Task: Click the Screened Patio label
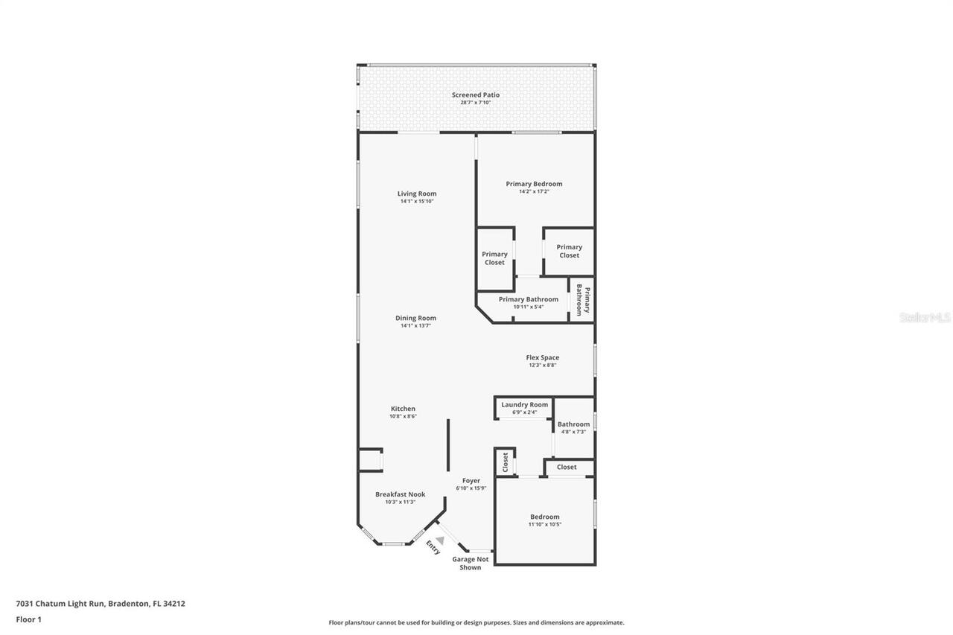[x=476, y=95]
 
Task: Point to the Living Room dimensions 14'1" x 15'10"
[x=417, y=202]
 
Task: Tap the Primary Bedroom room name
[x=534, y=184]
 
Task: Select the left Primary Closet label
[x=494, y=258]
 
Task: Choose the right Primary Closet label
[x=569, y=251]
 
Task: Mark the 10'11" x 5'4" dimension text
[x=528, y=307]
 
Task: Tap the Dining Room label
[x=415, y=318]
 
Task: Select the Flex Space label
[x=542, y=357]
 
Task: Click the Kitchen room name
[x=403, y=409]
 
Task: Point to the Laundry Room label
[x=524, y=405]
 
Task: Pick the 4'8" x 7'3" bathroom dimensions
[x=573, y=432]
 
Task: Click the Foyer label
[x=471, y=481]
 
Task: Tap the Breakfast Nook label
[x=400, y=494]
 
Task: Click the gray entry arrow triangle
[x=440, y=540]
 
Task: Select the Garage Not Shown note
[x=470, y=564]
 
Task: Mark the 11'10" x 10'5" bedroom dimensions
[x=544, y=524]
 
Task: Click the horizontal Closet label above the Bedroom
[x=567, y=467]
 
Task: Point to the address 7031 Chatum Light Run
[x=61, y=604]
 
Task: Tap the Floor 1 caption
[x=28, y=619]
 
